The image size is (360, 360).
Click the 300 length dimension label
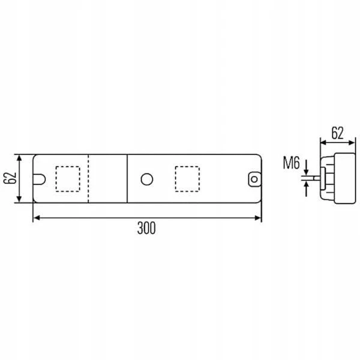coord(146,228)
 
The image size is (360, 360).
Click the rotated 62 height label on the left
coord(10,178)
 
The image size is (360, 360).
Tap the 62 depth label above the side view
coord(337,133)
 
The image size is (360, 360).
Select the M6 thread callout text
coord(292,163)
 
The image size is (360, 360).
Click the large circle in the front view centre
coord(147,179)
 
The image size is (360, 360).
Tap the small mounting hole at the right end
coord(254,179)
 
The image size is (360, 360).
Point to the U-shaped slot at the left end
coord(40,179)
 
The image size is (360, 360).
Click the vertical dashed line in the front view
coord(88,179)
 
